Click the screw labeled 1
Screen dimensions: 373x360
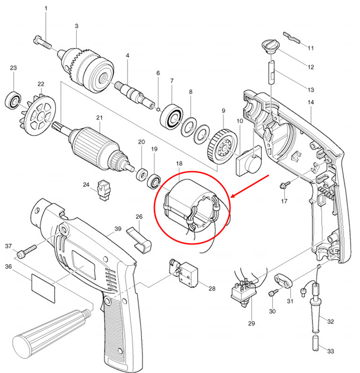pyautogui.click(x=43, y=41)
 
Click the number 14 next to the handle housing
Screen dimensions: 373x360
pyautogui.click(x=310, y=103)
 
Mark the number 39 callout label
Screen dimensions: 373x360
pyautogui.click(x=117, y=228)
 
